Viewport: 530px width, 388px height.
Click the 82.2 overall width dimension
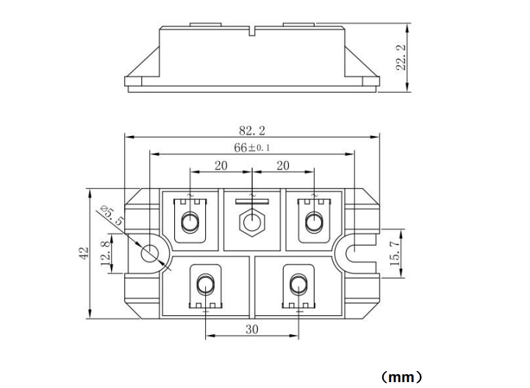[251, 131]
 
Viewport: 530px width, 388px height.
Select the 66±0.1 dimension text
[251, 148]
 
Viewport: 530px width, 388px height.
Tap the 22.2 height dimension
[401, 57]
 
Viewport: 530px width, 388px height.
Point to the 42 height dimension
[83, 254]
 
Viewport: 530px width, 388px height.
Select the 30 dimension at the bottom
[251, 330]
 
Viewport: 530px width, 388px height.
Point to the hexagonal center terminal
[252, 221]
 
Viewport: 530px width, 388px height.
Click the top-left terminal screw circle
[190, 221]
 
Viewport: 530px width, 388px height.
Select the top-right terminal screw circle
[314, 221]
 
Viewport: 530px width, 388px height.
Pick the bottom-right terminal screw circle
[298, 285]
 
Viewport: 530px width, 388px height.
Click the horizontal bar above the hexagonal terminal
[252, 200]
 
